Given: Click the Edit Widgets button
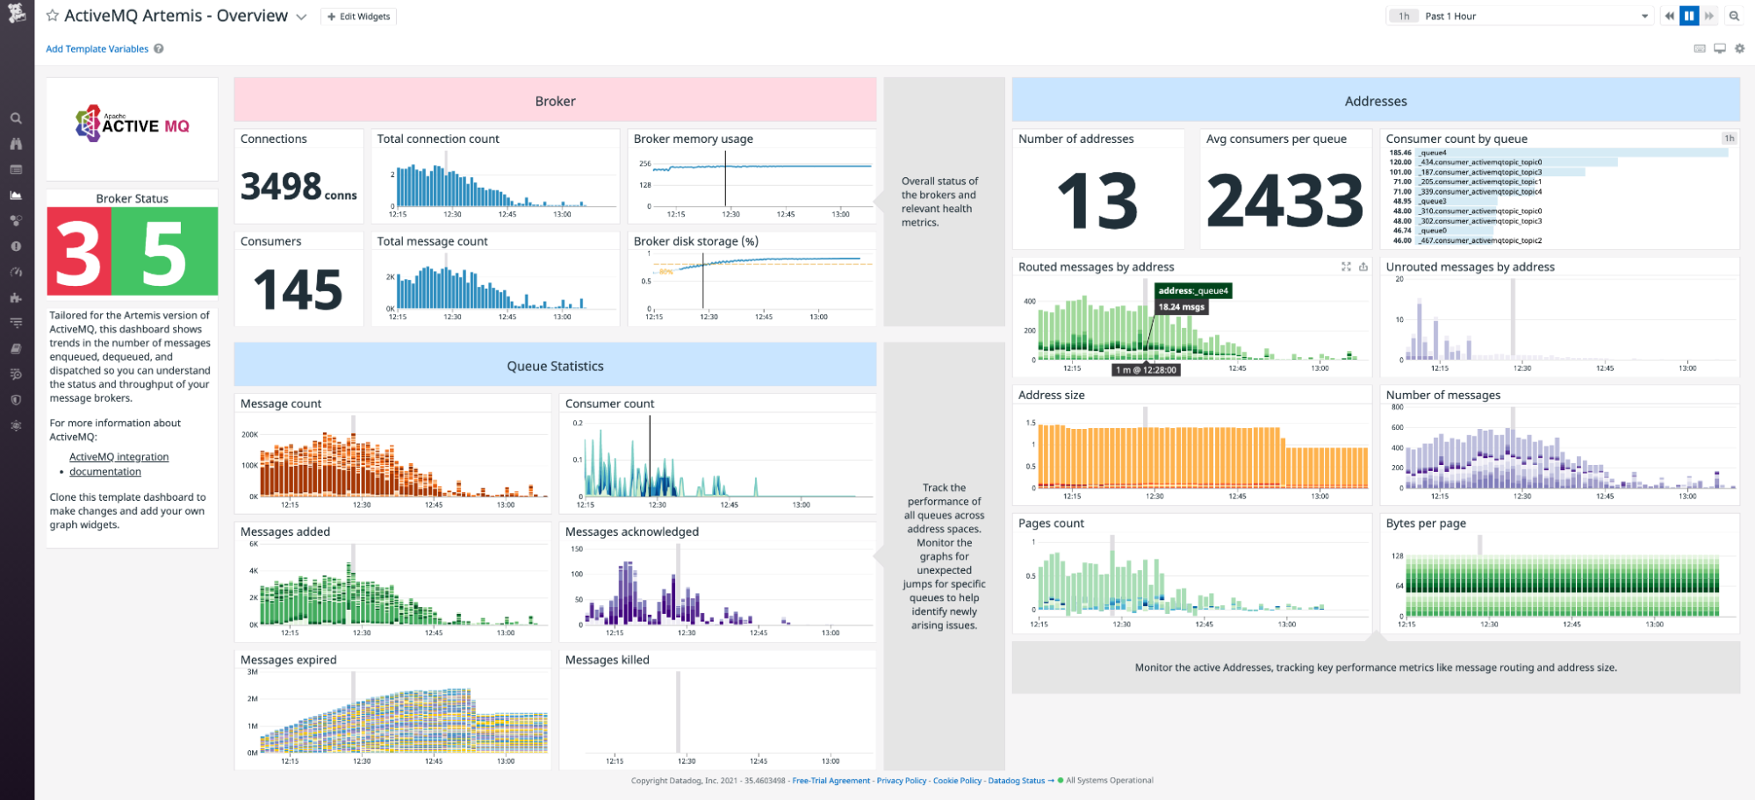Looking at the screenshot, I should point(359,17).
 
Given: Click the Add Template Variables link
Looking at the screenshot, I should point(97,49).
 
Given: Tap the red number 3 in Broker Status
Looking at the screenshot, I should point(78,253).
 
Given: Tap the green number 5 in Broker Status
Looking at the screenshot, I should point(164,253).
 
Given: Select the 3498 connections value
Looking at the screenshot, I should point(282,187).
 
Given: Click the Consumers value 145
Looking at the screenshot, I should point(298,290).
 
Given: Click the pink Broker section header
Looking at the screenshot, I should point(555,101).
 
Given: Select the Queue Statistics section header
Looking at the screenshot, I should point(555,366).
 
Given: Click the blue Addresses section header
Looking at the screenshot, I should point(1375,101).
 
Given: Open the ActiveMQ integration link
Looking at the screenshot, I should point(119,457).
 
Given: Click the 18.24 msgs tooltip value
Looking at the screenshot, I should point(1181,307).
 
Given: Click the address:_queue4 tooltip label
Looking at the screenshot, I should point(1193,290).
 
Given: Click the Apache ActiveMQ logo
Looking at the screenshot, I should point(133,125).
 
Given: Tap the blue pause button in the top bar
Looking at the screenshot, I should point(1689,16).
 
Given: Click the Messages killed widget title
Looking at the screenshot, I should point(607,660).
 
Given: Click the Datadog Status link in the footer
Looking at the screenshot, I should point(1016,781).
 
